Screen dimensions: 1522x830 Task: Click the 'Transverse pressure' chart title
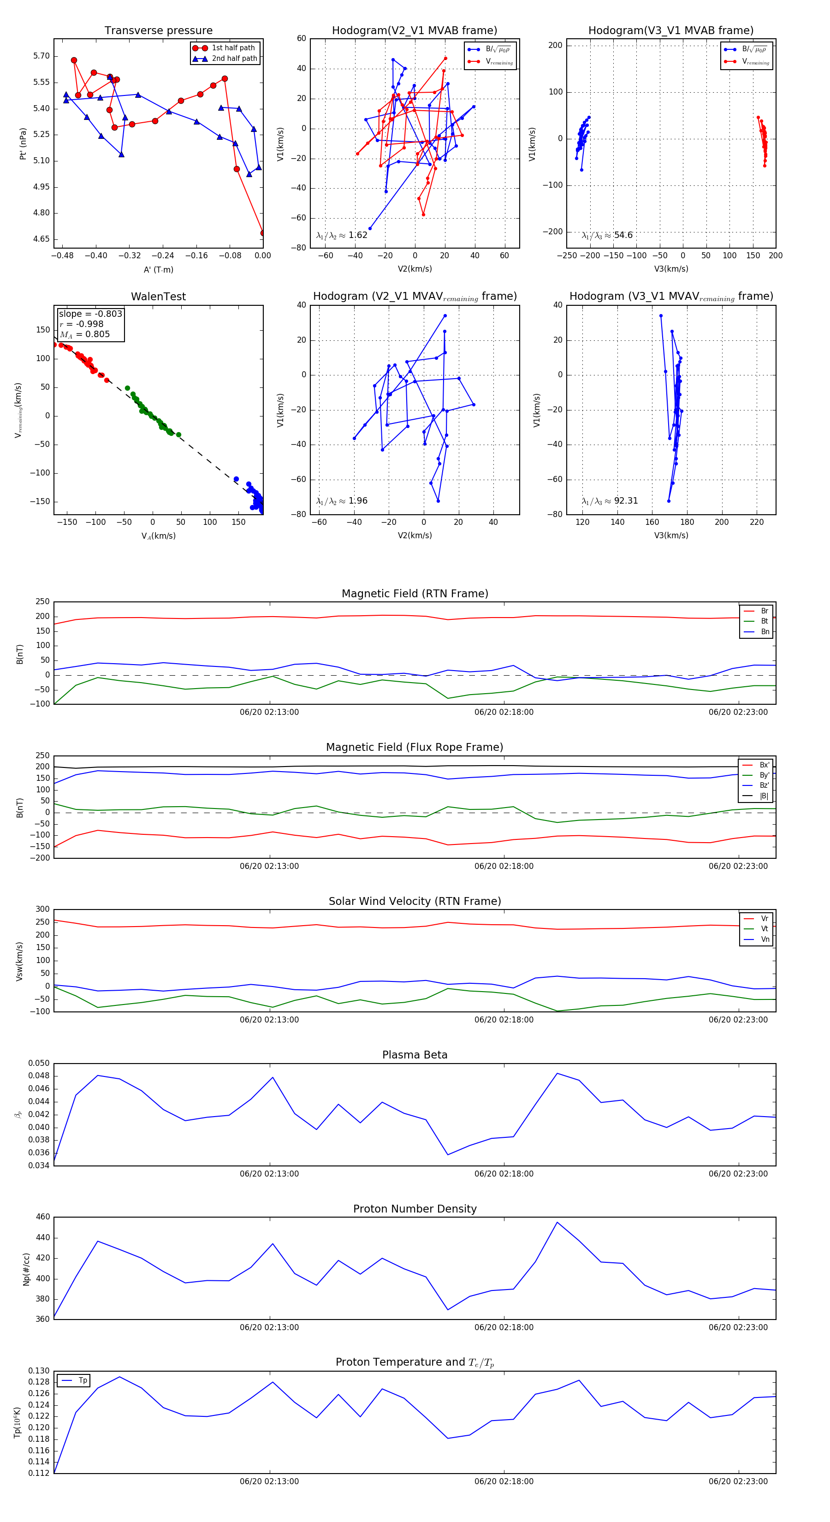pos(158,31)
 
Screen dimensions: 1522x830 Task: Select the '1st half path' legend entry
pos(233,48)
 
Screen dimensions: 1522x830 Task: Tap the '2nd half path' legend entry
pos(234,59)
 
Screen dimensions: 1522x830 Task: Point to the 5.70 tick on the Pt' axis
pos(41,56)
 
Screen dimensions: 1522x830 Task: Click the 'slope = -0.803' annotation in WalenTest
pos(90,314)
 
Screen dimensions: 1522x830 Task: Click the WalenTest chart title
pos(158,297)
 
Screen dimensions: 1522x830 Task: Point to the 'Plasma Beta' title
pos(415,1055)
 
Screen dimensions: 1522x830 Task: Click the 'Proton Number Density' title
pos(415,1209)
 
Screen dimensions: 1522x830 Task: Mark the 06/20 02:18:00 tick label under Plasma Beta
pos(504,1173)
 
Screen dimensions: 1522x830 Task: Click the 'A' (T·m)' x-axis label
pos(158,269)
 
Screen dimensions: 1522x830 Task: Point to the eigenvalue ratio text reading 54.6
pos(607,235)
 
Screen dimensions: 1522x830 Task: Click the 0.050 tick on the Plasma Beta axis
pos(39,1064)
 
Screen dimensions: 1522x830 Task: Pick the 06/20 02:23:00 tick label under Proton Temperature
pos(738,1481)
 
